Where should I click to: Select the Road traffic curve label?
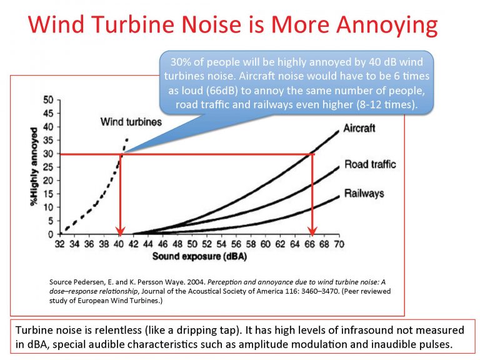(x=370, y=165)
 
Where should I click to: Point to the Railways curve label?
(x=363, y=193)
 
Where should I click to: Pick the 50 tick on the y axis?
(x=47, y=99)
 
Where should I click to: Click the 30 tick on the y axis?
(x=47, y=153)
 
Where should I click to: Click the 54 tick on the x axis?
(x=222, y=244)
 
